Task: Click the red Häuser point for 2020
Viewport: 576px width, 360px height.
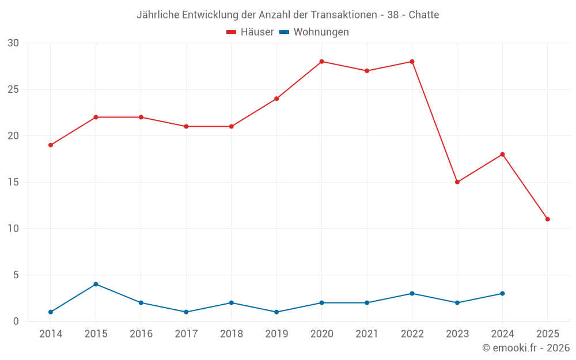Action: [321, 62]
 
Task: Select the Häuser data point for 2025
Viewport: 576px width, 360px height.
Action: [547, 219]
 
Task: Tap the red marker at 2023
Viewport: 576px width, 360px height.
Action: [457, 182]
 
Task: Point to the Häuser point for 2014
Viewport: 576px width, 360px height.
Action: [51, 145]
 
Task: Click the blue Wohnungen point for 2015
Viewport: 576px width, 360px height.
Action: [96, 284]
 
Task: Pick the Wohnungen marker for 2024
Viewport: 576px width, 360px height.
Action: [502, 293]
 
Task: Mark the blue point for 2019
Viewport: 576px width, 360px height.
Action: [276, 312]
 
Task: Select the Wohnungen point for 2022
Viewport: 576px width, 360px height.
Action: [412, 293]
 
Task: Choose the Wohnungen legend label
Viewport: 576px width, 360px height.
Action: [321, 32]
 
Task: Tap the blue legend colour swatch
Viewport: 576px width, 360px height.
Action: [284, 32]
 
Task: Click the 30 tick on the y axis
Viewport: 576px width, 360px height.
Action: [13, 43]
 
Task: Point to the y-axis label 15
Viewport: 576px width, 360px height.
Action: [13, 182]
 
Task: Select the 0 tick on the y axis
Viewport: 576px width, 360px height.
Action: [16, 321]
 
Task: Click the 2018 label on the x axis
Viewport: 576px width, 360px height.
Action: [231, 334]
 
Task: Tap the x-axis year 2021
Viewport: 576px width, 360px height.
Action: [367, 334]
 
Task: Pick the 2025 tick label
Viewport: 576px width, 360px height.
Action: [547, 334]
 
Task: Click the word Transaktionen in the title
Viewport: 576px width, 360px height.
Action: [343, 15]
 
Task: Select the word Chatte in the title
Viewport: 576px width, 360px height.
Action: [424, 15]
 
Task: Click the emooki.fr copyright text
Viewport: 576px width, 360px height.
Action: [525, 348]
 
